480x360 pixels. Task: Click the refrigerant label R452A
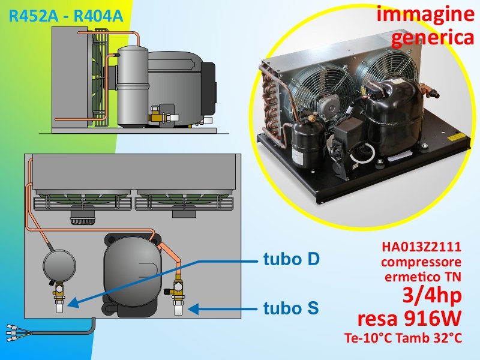pos(34,16)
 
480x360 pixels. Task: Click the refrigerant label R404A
pos(98,16)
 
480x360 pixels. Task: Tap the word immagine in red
pos(425,14)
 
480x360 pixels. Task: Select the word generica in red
pos(433,38)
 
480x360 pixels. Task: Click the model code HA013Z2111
pos(422,247)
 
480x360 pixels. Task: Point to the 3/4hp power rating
pos(432,295)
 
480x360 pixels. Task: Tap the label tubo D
pos(292,259)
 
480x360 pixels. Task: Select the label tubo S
pos(291,308)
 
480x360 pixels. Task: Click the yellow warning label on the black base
pos(458,137)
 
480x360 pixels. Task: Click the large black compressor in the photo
pos(393,118)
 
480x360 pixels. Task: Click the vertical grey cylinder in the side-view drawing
pos(133,86)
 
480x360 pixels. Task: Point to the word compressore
pos(422,262)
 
